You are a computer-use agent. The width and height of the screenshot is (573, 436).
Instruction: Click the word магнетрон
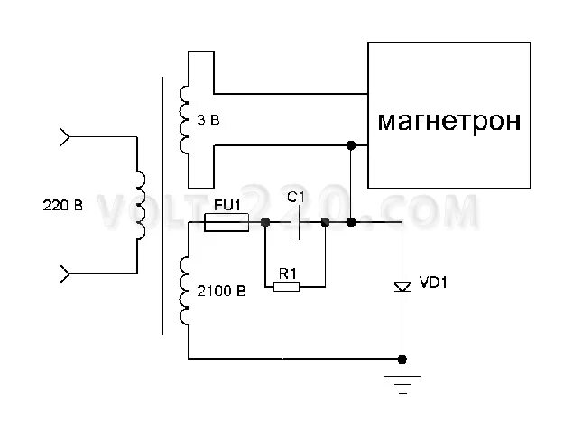[448, 121]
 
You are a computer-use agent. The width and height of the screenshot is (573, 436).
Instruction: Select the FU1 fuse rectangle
[226, 222]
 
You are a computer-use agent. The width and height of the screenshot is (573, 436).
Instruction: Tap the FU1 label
[226, 204]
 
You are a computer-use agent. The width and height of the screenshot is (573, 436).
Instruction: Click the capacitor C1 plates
[295, 222]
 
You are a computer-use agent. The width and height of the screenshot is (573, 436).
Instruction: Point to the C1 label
[294, 196]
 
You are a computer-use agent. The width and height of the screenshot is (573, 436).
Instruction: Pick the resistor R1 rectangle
[286, 287]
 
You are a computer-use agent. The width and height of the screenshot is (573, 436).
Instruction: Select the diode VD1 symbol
[402, 286]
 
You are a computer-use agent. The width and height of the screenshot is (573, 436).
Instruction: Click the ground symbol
[402, 383]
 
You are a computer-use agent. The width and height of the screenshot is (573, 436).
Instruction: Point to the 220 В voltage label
[62, 205]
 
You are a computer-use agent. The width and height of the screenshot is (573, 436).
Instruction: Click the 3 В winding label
[208, 119]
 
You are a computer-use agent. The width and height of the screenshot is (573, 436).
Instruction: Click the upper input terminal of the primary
[64, 137]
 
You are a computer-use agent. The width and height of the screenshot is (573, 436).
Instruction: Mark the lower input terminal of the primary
[64, 271]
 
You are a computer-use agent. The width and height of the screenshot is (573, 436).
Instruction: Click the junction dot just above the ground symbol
[402, 358]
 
